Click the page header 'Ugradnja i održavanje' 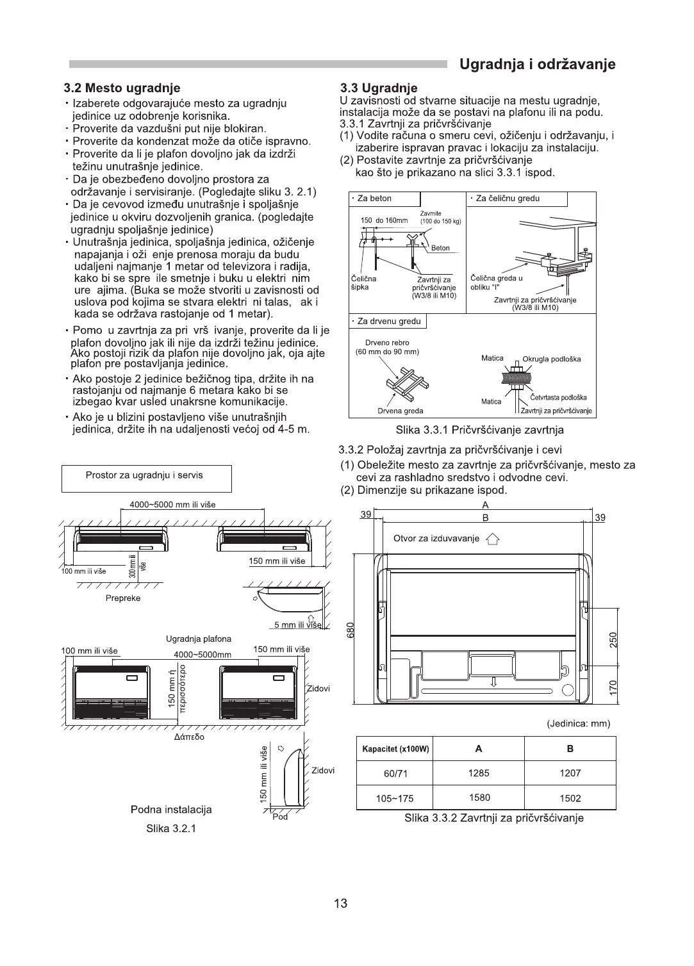(538, 65)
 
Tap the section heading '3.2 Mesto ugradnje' (122, 88)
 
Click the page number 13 (340, 903)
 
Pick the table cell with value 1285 (478, 773)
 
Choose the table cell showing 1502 (570, 798)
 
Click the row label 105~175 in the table (395, 798)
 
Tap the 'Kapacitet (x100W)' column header (395, 749)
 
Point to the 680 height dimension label (350, 630)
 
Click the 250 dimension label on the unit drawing (613, 639)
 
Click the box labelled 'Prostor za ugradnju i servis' (147, 476)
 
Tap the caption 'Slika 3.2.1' (171, 828)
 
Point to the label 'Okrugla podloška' (551, 359)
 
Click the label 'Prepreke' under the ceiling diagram (123, 598)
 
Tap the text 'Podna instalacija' (171, 810)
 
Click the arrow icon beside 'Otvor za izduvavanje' (493, 539)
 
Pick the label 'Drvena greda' (400, 411)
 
